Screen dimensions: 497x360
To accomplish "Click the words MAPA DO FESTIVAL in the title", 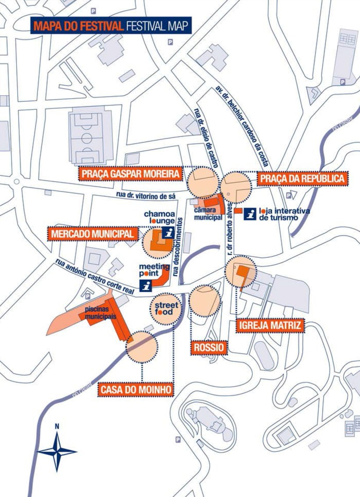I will (78, 26).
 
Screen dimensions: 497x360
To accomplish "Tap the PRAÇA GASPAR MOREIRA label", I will (130, 174).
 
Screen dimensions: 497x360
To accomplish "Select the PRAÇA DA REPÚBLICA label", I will (302, 179).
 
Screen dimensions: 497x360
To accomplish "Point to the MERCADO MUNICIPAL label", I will (92, 234).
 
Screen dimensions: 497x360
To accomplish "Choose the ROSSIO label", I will (209, 348).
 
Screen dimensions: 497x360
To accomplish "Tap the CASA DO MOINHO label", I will (135, 389).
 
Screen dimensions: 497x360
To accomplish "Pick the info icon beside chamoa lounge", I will (167, 233).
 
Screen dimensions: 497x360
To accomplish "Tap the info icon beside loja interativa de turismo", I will (250, 213).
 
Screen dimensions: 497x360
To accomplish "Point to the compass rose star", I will (57, 451).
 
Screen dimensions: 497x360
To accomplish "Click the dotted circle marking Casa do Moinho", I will (141, 347).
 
